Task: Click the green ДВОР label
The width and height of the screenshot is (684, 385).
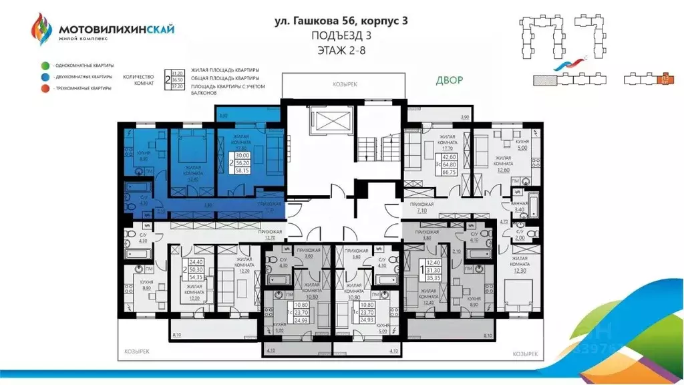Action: point(449,80)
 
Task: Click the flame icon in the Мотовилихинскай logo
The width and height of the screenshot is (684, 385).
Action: point(41,30)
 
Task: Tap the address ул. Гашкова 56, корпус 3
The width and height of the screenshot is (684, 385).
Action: point(341,21)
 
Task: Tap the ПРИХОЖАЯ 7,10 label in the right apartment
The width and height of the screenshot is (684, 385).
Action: point(423,207)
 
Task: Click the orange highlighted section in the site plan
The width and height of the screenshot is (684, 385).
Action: point(665,80)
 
